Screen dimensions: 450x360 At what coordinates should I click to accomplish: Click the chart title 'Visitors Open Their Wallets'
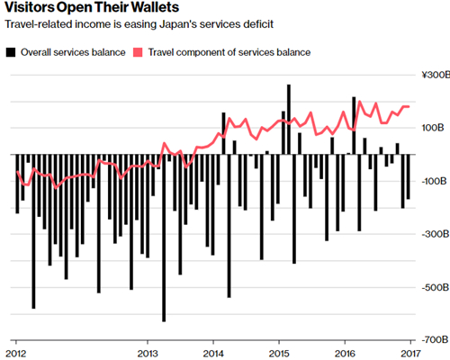92,7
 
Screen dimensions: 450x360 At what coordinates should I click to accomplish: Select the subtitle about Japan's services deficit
139,24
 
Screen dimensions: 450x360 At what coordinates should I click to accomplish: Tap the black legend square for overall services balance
11,52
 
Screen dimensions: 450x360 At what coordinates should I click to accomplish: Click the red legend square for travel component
138,52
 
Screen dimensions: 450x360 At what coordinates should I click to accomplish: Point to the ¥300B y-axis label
436,75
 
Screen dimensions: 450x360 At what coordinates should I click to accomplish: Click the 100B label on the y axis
433,128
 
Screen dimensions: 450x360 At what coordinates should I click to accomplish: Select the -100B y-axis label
435,181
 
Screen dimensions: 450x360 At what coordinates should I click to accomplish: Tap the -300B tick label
436,234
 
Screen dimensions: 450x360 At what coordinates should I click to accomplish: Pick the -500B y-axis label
436,287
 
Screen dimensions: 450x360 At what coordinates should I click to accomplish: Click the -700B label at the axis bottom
436,339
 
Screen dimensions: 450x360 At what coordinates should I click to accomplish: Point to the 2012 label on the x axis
16,354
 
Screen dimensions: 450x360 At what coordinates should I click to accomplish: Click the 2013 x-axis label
148,354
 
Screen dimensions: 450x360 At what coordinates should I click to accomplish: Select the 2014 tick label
213,354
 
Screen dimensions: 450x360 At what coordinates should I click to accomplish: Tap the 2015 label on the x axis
279,354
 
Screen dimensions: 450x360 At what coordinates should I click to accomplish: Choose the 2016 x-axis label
345,354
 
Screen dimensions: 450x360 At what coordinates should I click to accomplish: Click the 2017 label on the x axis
410,354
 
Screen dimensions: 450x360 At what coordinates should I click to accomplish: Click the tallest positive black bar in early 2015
289,120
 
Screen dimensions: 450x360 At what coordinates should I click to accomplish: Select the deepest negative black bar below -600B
164,238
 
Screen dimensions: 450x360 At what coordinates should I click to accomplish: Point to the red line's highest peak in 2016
360,102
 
